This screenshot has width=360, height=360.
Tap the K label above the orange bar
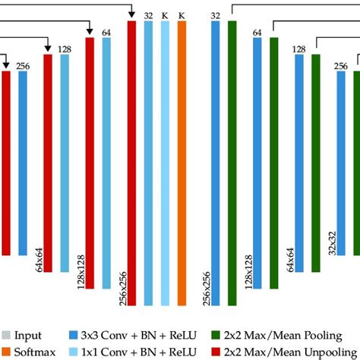182,14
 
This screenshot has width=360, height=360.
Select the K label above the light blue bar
165,14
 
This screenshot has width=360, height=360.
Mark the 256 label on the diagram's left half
23,66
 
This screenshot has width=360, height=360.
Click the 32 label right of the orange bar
216,14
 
